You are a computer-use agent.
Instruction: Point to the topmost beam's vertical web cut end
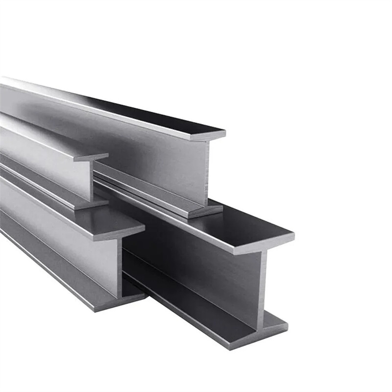[206, 171]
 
